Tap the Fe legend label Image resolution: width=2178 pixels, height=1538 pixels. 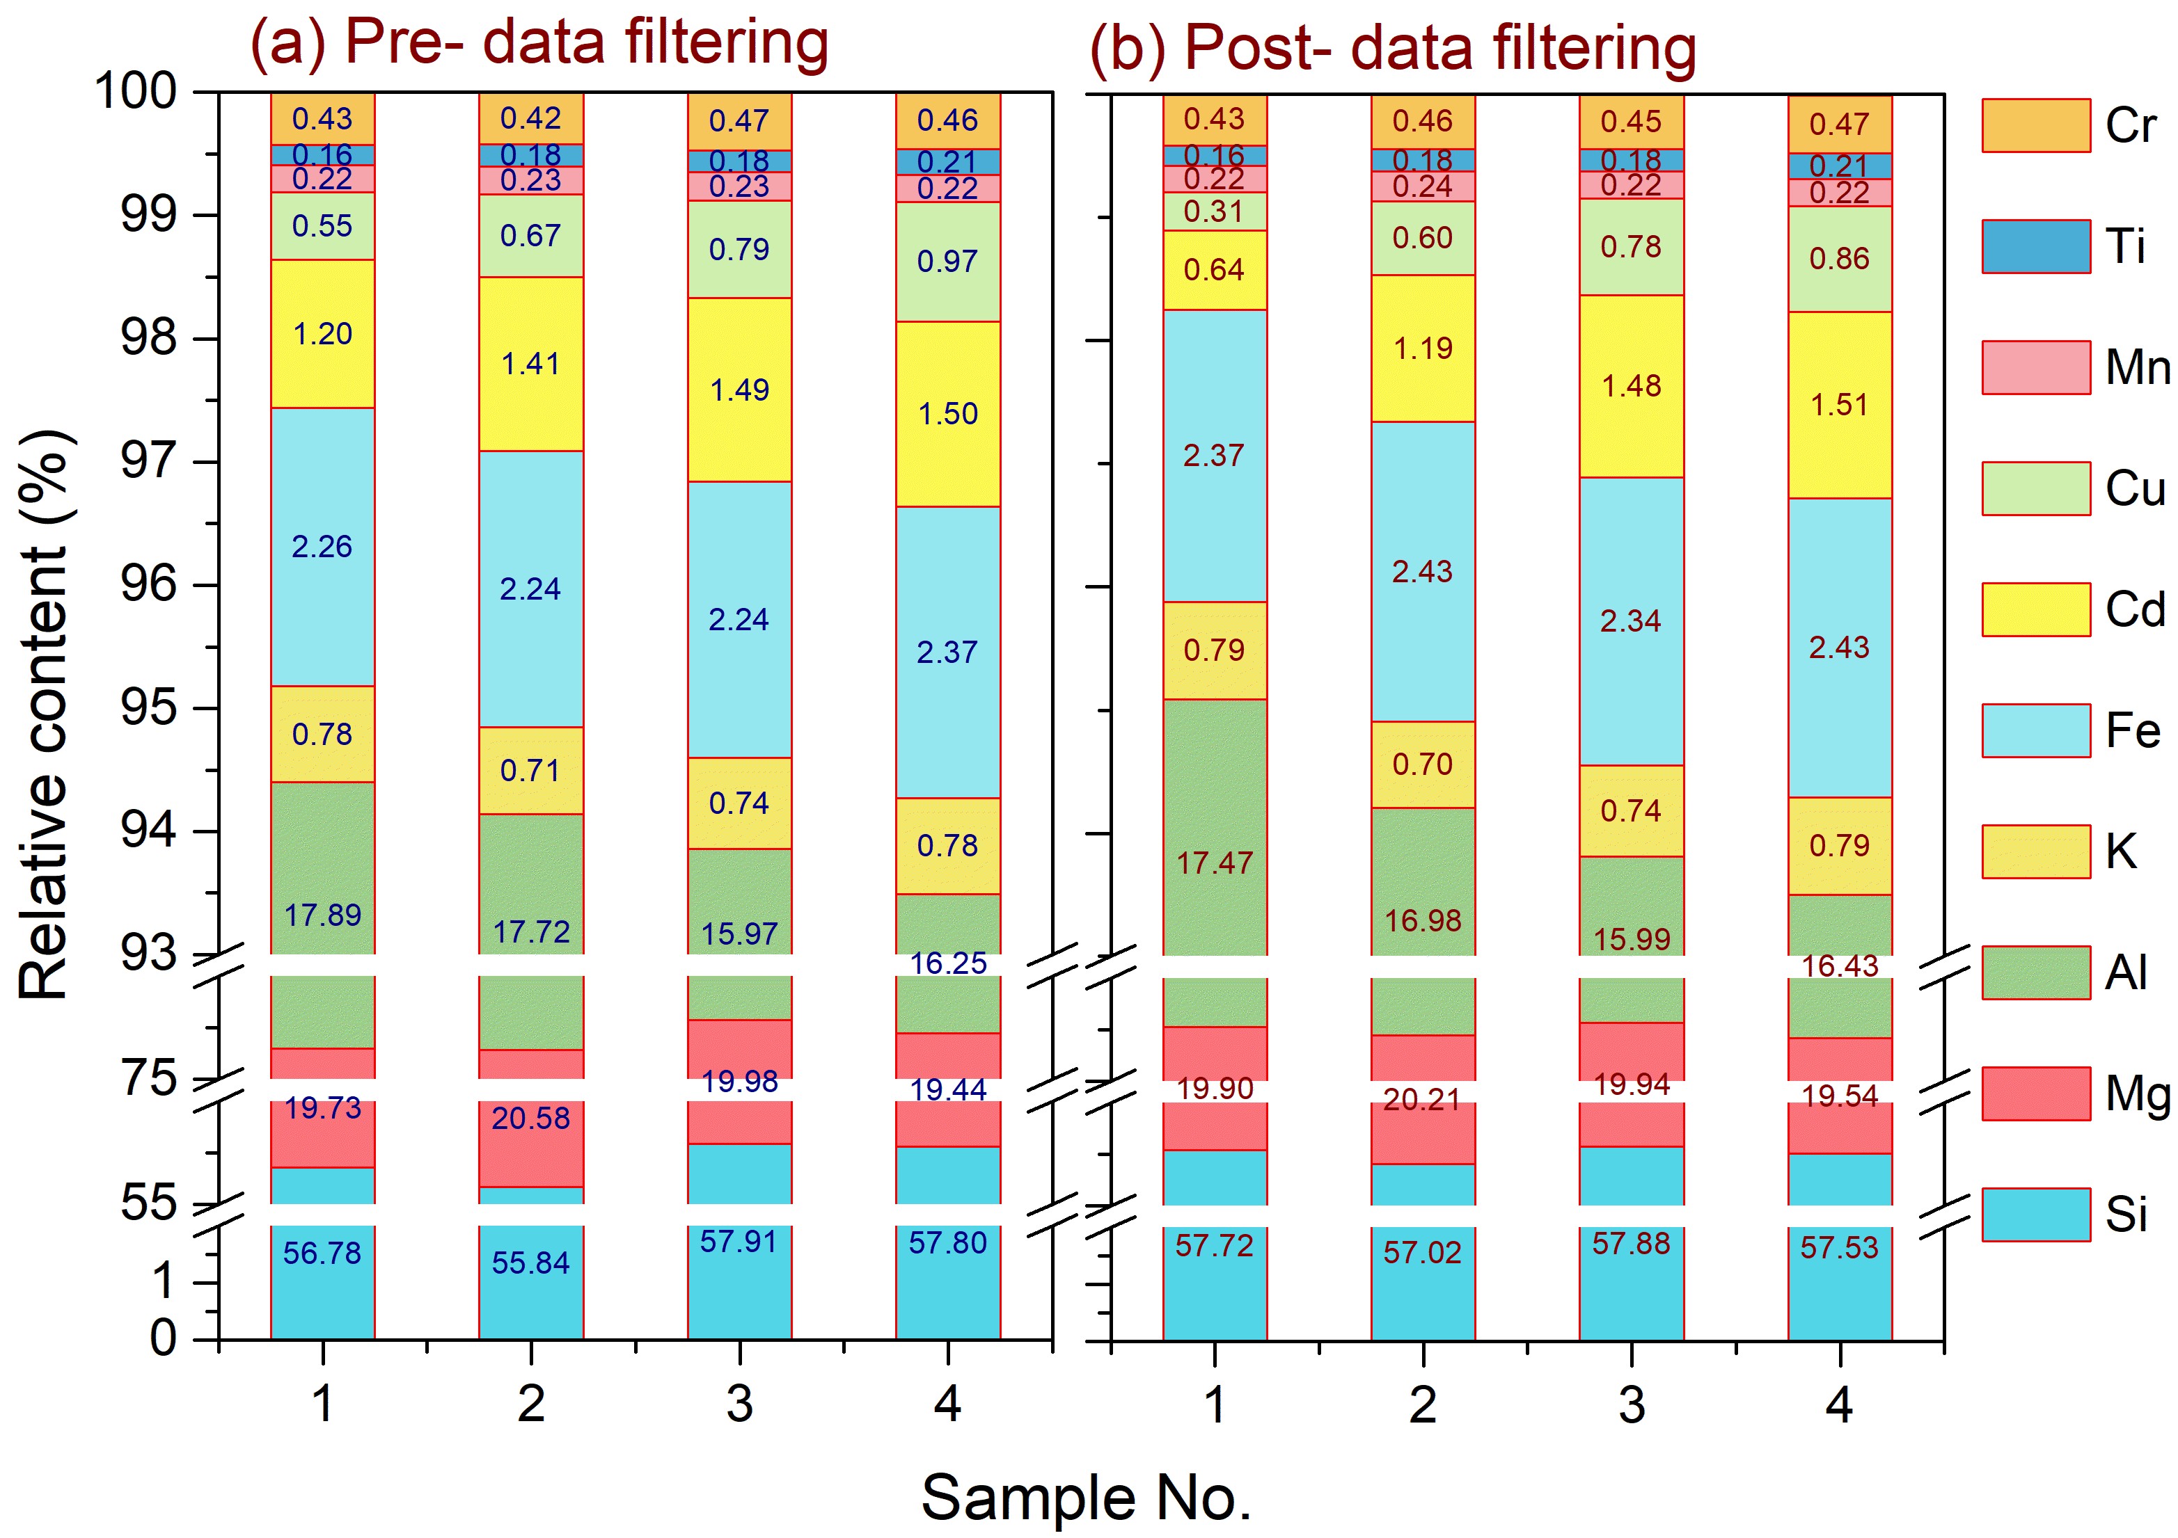coord(2133,731)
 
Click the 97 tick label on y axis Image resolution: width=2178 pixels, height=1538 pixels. coord(148,462)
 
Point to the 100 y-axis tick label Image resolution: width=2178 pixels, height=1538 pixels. coord(136,92)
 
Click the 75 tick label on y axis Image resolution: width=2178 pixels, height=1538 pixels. coord(148,1078)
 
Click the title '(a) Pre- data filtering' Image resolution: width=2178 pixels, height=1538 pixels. coord(539,42)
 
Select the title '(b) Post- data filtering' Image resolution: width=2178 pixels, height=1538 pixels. coord(1393,47)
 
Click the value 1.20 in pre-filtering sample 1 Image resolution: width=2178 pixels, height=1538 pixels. coord(322,334)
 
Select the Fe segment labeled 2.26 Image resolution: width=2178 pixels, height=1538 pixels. coord(322,546)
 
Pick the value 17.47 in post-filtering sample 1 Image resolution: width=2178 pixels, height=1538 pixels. coord(1214,863)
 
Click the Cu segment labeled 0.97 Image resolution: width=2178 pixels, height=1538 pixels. coord(947,261)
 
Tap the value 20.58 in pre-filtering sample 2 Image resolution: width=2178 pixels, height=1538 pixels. coord(530,1119)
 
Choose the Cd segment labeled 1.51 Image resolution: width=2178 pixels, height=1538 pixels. coord(1839,405)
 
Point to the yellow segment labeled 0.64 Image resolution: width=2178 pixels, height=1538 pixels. coord(1214,270)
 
